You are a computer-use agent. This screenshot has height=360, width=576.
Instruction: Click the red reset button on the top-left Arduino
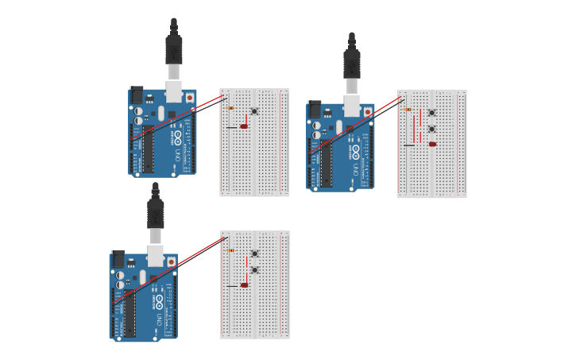pos(189,98)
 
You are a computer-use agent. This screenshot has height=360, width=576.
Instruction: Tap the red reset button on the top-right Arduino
pos(367,112)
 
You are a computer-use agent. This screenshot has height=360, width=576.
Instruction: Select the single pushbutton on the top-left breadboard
pos(254,111)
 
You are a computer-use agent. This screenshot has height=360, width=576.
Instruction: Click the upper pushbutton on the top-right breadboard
pos(431,113)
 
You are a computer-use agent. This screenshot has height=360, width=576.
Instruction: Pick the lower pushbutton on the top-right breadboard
pos(431,129)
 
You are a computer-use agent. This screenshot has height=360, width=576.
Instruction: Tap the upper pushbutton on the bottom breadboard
pos(254,254)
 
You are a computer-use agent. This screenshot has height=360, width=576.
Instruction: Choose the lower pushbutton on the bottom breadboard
pos(254,270)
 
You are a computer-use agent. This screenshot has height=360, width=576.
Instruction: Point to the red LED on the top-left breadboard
pos(244,126)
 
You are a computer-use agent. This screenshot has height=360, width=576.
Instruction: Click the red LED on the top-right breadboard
pos(432,144)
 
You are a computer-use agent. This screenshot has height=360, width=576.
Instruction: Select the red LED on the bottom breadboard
pos(244,285)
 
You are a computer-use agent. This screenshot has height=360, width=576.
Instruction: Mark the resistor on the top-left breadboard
pos(230,107)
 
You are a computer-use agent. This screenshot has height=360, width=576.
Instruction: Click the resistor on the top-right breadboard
pos(408,110)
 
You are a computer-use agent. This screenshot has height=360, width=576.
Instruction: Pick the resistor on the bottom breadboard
pos(230,250)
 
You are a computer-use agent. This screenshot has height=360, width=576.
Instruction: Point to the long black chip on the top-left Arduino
pos(148,149)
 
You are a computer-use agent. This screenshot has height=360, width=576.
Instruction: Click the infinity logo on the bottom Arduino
pos(159,300)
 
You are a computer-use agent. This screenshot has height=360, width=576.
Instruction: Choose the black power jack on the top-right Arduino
pos(315,110)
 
